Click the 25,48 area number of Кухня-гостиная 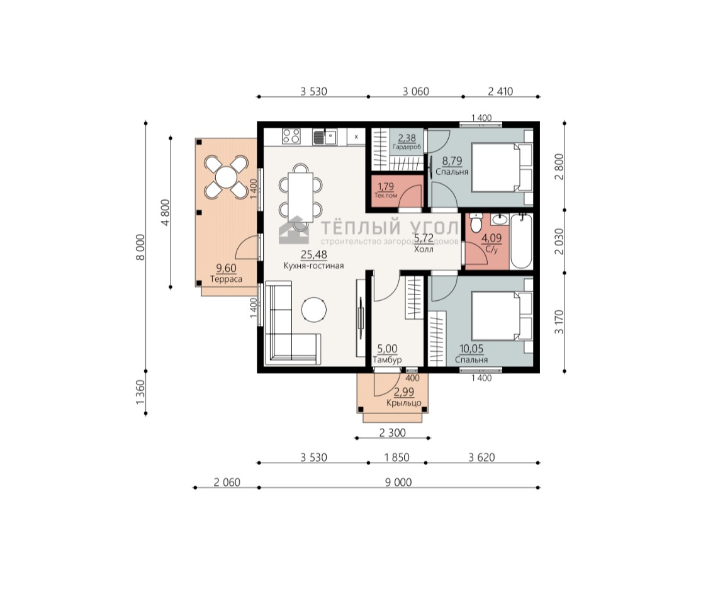coord(314,255)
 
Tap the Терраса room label coord(226,279)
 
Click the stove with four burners coord(291,137)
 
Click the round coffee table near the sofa coord(314,310)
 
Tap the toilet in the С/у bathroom coord(476,223)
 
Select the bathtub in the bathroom coord(522,242)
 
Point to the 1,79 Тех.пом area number coord(386,186)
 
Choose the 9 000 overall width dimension coord(398,483)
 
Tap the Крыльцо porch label coord(403,403)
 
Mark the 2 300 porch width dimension coord(392,433)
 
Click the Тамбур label coord(387,360)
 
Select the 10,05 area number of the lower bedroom coord(471,349)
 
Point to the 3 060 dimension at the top coord(416,91)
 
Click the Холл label coord(424,249)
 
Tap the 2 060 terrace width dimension coord(227,483)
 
